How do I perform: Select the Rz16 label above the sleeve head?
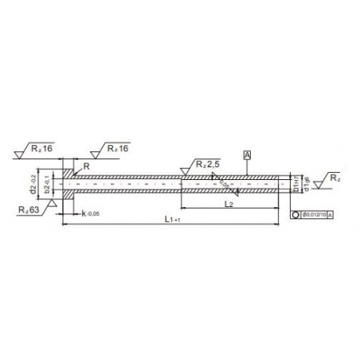(115, 147)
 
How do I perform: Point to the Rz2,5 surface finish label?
(205, 164)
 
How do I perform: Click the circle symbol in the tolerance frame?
(295, 215)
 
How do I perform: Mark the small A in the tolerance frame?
(330, 215)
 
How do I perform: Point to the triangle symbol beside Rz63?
(51, 204)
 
